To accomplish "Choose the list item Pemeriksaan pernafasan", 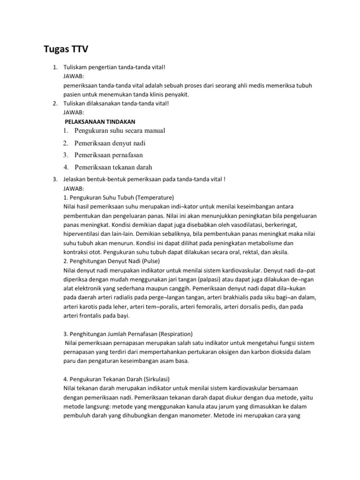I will pos(109,155).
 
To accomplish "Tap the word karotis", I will pos(89,307).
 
